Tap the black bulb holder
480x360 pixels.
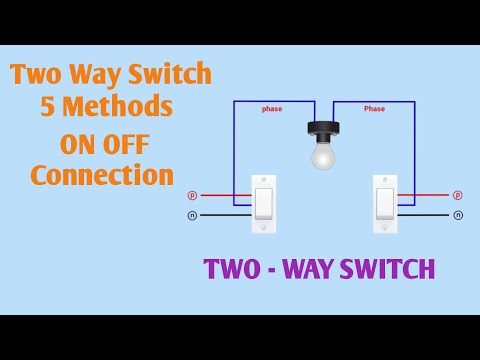click(322, 131)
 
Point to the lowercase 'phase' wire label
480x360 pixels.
click(272, 108)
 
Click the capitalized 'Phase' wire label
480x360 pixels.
click(374, 108)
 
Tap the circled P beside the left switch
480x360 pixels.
click(192, 195)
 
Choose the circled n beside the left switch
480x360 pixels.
click(192, 215)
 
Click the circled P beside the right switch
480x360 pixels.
click(458, 195)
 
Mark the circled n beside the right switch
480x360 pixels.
click(458, 215)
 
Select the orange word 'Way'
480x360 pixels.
click(100, 75)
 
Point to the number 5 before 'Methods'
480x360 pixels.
click(47, 107)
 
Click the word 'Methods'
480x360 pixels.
click(116, 107)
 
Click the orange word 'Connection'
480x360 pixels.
click(101, 174)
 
